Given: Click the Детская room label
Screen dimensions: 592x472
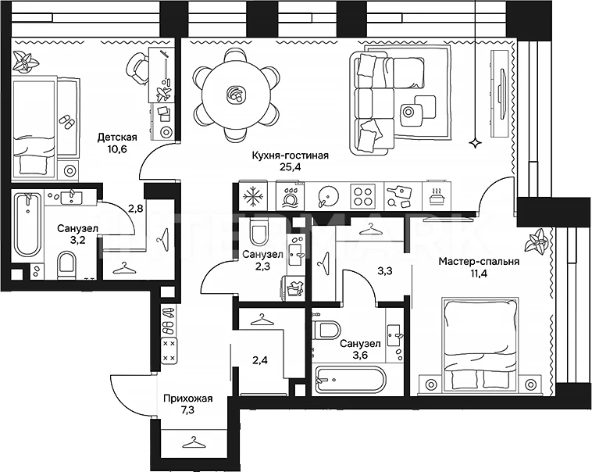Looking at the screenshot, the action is (x=117, y=137).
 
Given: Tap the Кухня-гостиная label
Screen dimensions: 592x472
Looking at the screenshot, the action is (x=290, y=156).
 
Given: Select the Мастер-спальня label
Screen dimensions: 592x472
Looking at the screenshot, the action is (x=479, y=261).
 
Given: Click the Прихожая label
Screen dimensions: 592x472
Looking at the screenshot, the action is (x=187, y=399).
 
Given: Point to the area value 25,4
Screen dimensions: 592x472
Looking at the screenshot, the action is (x=290, y=167).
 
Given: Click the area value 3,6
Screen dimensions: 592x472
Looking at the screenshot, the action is (x=359, y=356).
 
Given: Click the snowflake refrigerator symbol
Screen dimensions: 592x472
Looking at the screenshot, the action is (x=254, y=196).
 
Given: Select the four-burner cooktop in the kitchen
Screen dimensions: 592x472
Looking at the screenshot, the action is (x=363, y=196).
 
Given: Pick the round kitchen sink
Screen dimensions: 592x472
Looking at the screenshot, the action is (x=327, y=196).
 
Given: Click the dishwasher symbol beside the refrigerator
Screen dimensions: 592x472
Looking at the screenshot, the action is (x=290, y=196).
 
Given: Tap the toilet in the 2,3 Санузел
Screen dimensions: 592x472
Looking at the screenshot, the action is (x=259, y=234).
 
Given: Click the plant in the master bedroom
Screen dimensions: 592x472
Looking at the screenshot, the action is (x=537, y=241).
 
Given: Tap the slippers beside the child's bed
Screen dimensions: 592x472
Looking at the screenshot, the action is (x=67, y=122).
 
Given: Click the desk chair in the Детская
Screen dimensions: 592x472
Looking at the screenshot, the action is (x=137, y=68).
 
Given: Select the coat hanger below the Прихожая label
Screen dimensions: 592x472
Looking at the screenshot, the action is (x=194, y=442).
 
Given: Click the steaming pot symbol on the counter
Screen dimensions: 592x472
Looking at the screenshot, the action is (x=437, y=196).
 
